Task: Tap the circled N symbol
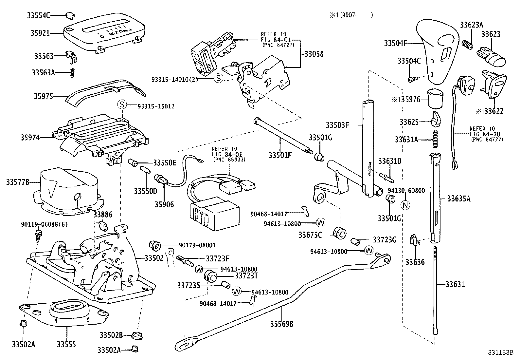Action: click(x=405, y=205)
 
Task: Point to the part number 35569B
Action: click(x=281, y=324)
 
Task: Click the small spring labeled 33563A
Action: click(x=73, y=73)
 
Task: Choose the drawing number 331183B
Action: click(x=500, y=353)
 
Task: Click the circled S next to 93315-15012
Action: click(x=122, y=105)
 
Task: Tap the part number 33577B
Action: click(x=18, y=182)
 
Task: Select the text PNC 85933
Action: click(x=229, y=160)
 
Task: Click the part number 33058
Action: click(x=314, y=54)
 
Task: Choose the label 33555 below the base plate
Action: click(x=66, y=344)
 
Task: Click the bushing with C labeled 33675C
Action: click(x=340, y=233)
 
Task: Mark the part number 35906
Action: click(x=164, y=204)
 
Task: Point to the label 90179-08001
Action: click(x=197, y=245)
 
